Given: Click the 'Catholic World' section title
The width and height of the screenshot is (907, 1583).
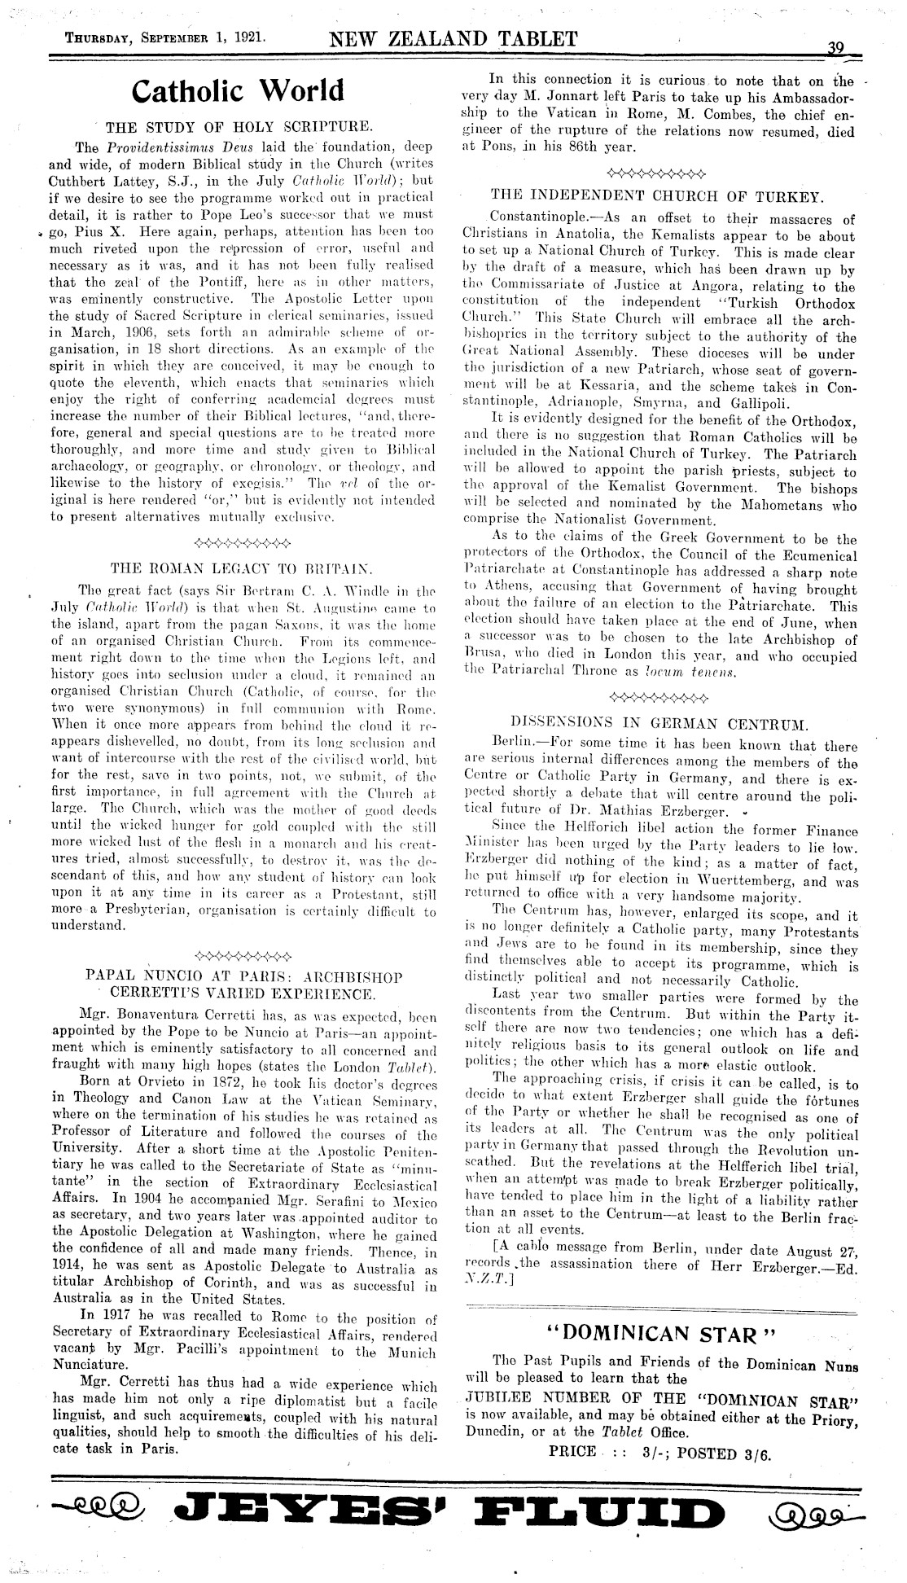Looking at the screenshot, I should pos(238,90).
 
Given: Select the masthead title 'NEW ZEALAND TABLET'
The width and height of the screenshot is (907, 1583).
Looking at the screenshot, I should pos(453,37).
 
